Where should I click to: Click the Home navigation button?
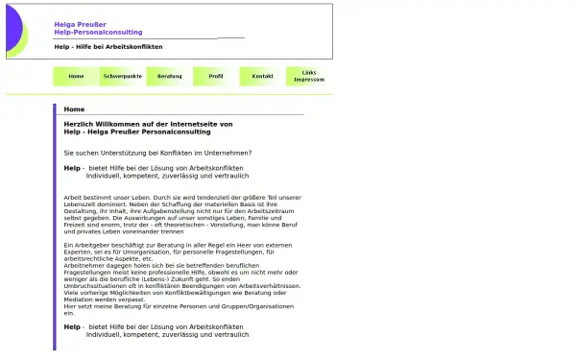(x=76, y=76)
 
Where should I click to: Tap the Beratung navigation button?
(x=169, y=76)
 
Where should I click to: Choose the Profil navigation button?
(x=215, y=76)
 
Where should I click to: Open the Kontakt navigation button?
(x=262, y=76)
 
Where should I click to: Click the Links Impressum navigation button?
(x=308, y=76)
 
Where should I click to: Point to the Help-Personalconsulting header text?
(x=98, y=33)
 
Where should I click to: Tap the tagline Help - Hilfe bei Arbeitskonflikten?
(x=108, y=46)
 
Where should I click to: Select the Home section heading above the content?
(x=74, y=109)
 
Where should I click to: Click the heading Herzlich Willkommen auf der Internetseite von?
(x=148, y=125)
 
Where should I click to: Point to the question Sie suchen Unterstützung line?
(x=157, y=153)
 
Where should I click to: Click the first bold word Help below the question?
(x=72, y=168)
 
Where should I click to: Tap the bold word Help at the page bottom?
(x=72, y=326)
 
